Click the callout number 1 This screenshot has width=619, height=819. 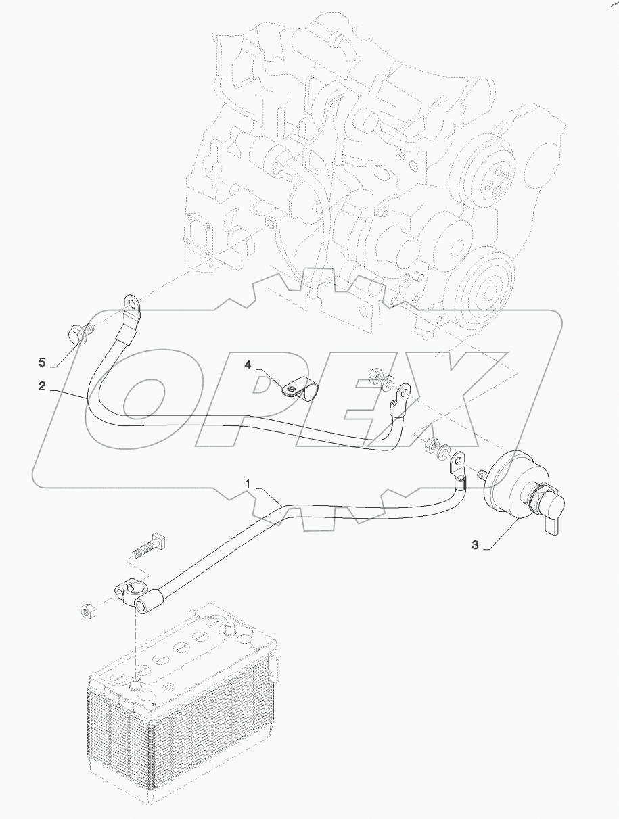coord(249,484)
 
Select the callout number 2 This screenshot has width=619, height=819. coord(42,386)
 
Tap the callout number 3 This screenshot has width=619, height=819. coord(476,546)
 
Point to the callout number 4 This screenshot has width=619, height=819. coord(248,365)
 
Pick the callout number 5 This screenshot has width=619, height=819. coord(42,362)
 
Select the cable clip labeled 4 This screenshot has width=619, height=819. coord(298,390)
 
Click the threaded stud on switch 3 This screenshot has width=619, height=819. coord(481,473)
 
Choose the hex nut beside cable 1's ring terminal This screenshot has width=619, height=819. coord(429,446)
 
